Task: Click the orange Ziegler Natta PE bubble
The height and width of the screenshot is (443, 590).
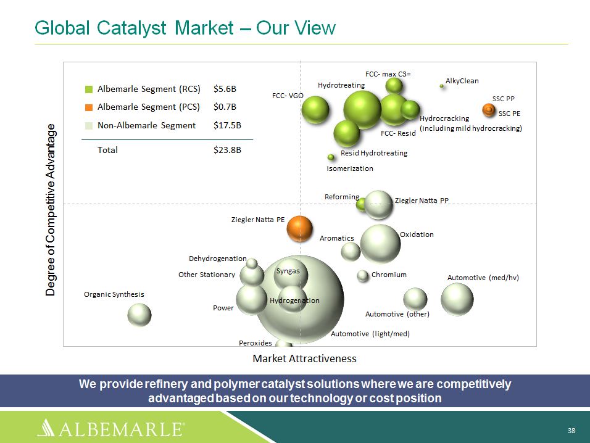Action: coord(299,228)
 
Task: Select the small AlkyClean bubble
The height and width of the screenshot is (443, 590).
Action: coord(441,86)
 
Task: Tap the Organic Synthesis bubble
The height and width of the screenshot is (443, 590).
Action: coord(139,315)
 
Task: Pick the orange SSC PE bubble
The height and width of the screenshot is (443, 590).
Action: coord(489,110)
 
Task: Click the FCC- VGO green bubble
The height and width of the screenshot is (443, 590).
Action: coord(315,110)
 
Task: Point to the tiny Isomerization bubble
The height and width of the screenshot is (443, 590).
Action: coord(331,157)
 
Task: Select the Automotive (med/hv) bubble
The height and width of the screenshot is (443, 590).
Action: coord(457,299)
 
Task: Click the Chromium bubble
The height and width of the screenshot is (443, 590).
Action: coord(363,276)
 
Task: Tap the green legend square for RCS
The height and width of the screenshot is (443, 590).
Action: coord(89,89)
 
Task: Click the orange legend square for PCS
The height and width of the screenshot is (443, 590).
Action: coord(89,107)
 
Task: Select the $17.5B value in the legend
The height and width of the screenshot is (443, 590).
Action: coord(227,125)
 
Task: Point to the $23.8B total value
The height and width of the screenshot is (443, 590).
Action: coord(227,150)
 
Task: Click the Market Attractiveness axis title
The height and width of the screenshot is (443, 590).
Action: coord(304,358)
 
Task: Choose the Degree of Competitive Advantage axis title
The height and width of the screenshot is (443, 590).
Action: coord(51,210)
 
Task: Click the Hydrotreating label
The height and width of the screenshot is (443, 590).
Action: coord(341,85)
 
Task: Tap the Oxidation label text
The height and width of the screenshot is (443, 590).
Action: coord(417,234)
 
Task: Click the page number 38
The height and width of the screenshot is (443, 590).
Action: coord(571,431)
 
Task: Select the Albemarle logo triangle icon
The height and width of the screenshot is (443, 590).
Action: coord(46,428)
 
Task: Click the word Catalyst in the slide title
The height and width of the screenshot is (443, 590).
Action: coord(131,28)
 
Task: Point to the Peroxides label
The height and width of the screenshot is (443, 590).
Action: coord(255,343)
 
